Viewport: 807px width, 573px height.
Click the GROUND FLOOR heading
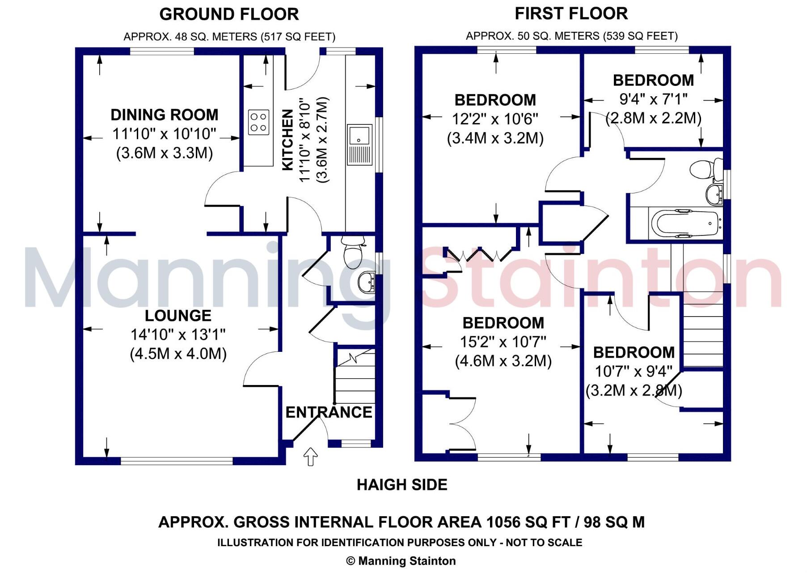click(229, 14)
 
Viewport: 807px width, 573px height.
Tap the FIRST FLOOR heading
click(571, 13)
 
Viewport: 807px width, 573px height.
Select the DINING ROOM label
click(165, 115)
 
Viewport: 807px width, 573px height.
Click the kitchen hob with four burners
click(259, 122)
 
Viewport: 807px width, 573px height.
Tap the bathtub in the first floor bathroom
click(685, 223)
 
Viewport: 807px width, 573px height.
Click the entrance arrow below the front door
click(310, 457)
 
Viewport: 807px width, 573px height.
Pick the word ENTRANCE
click(329, 412)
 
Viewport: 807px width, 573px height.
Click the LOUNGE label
click(178, 316)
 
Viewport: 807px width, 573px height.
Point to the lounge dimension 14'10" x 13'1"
click(178, 335)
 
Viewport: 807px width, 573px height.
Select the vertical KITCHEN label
click(288, 140)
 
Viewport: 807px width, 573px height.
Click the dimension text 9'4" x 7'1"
click(653, 99)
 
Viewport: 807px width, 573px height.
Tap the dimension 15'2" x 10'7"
click(503, 342)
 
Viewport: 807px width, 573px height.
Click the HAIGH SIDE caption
click(402, 485)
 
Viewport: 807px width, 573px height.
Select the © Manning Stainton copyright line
click(401, 561)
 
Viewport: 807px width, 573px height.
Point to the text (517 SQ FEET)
click(298, 36)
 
